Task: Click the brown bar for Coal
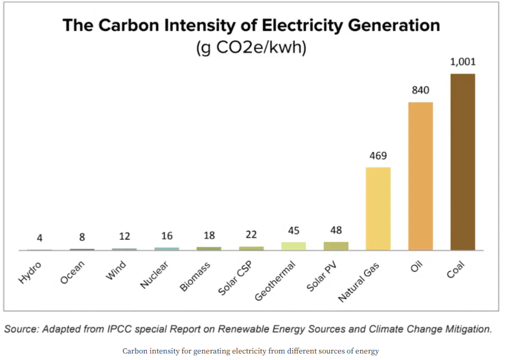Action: point(462,162)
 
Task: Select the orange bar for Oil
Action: point(420,176)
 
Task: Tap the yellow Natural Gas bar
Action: point(378,208)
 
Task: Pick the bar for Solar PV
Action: point(336,246)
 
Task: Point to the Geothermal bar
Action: point(294,246)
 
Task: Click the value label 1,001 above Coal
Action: point(463,62)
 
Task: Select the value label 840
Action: point(420,90)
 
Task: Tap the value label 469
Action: point(378,156)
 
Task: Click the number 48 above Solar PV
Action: point(336,230)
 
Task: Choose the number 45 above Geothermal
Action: point(294,230)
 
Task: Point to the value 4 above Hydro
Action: point(40,238)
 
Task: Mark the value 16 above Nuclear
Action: point(166,236)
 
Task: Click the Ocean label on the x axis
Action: point(73,274)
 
